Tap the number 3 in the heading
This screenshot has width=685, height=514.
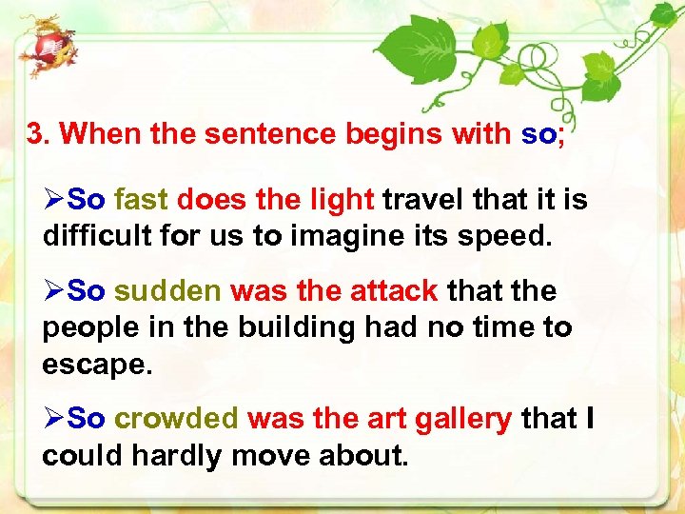point(36,134)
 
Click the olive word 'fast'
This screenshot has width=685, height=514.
point(141,200)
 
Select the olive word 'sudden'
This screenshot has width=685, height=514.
point(167,291)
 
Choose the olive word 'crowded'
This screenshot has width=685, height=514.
point(176,419)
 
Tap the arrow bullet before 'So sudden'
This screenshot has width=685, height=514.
point(54,291)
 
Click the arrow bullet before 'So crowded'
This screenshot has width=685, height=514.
point(54,419)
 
